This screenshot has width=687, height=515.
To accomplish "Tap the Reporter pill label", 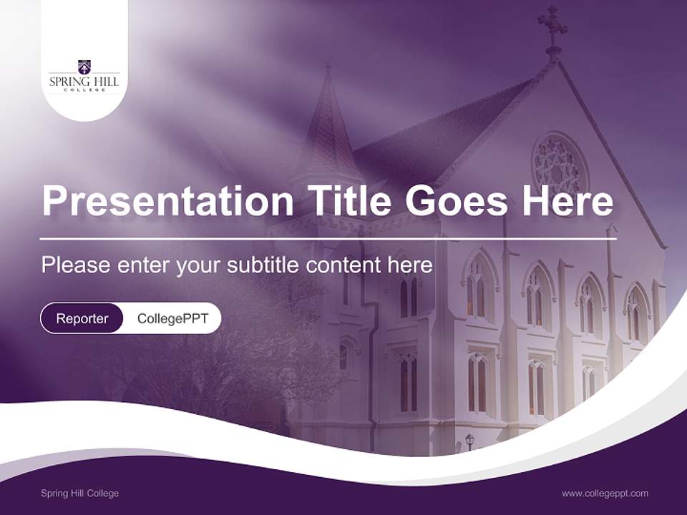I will click(82, 318).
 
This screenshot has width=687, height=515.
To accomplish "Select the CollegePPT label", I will click(172, 318).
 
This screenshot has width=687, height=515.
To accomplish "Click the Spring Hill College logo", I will click(84, 76).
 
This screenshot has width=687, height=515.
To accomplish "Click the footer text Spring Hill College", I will click(79, 494).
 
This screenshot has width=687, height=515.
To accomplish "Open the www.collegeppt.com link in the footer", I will click(605, 494).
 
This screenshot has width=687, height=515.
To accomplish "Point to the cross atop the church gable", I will click(553, 25).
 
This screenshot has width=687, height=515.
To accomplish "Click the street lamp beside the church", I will click(469, 440).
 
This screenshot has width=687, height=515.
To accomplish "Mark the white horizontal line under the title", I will click(328, 238).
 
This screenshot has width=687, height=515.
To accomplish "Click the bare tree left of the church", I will click(215, 365).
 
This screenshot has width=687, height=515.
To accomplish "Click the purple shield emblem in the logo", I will click(84, 67).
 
